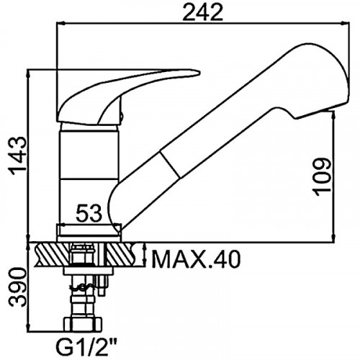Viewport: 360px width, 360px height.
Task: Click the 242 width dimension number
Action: point(203,12)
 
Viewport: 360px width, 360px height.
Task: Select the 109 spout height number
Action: point(322,176)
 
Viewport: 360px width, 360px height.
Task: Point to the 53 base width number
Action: point(89,213)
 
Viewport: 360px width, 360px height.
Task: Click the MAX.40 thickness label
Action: point(196,259)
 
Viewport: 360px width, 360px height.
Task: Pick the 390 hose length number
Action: point(17,287)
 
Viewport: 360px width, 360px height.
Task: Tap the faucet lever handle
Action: point(125,96)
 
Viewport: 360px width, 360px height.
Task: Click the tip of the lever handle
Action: point(199,72)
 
